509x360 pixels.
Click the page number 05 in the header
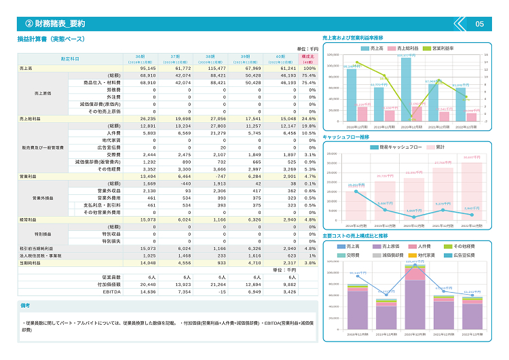(479, 24)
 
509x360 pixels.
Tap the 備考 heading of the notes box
(26, 306)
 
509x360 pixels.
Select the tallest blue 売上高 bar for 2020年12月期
(406, 89)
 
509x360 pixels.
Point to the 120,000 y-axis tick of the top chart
(332, 56)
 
